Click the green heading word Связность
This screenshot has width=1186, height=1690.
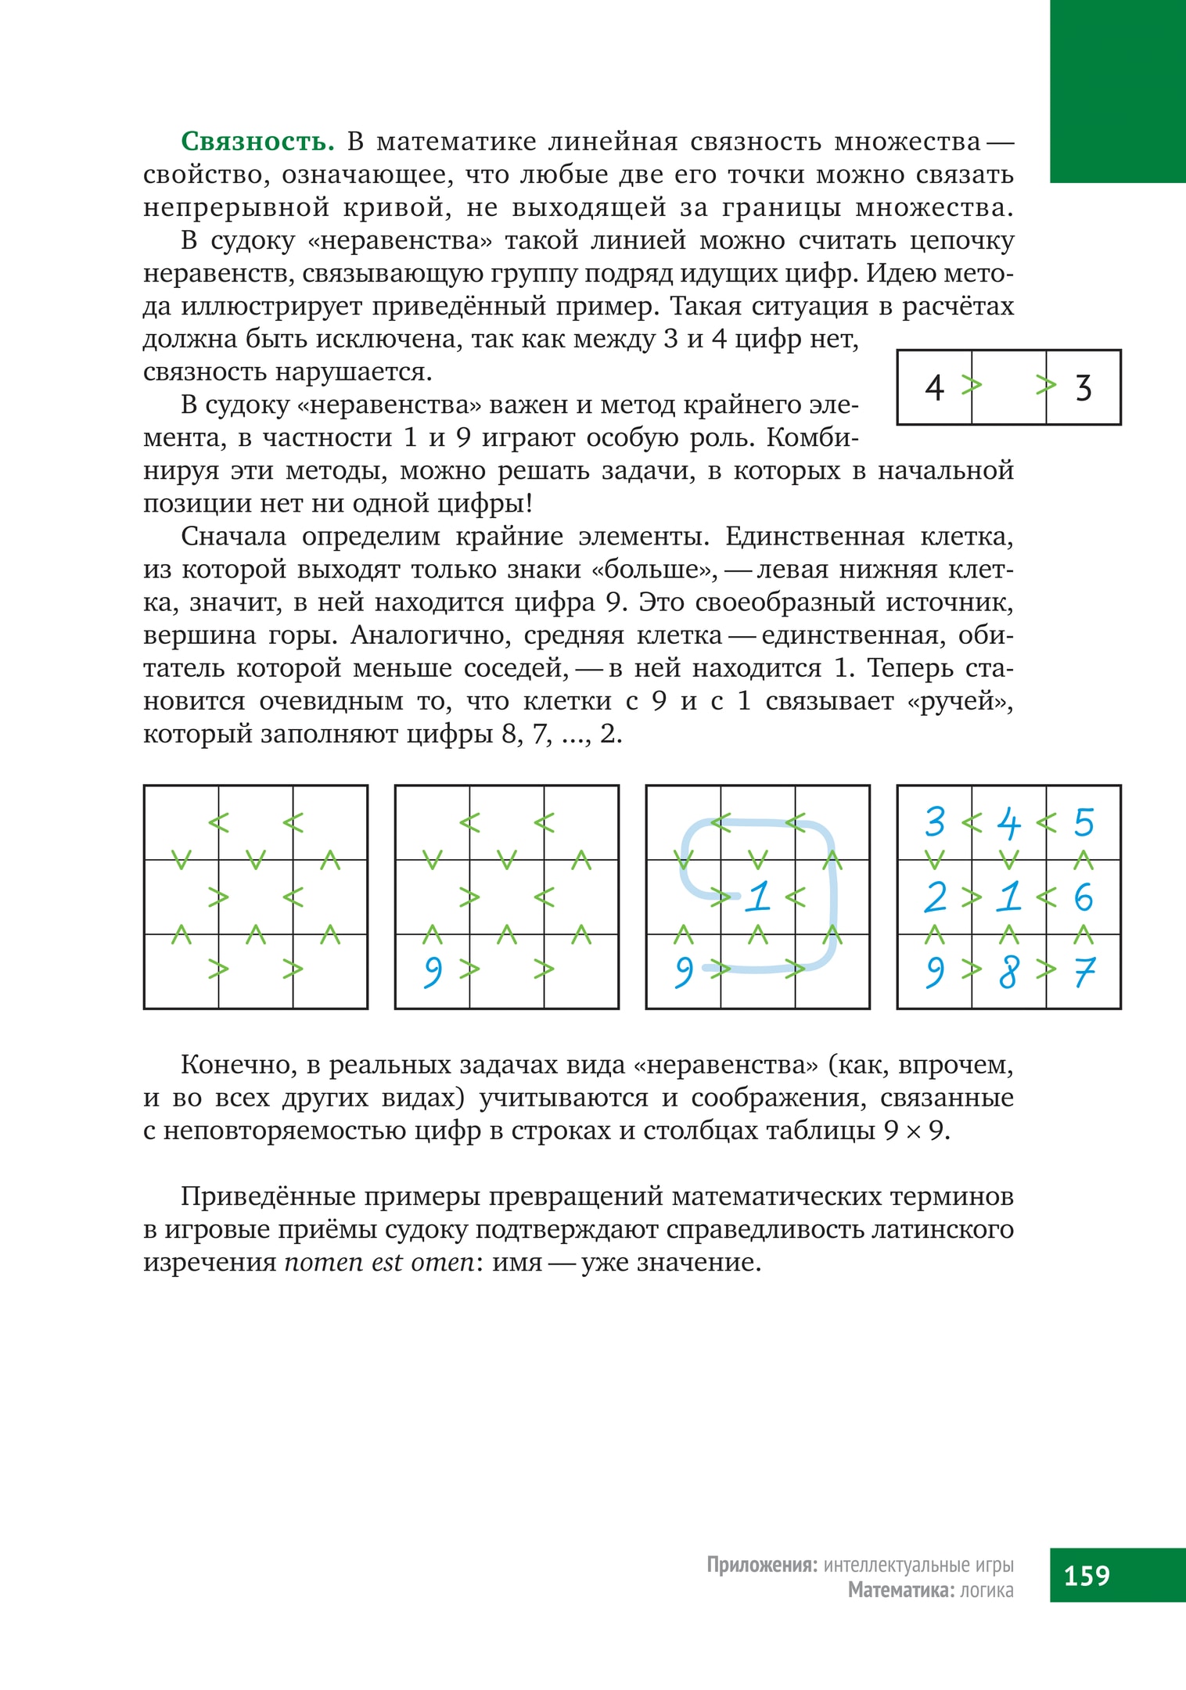[x=257, y=142]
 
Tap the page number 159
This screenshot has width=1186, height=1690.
[x=1087, y=1575]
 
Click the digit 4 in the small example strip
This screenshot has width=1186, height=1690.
[x=934, y=387]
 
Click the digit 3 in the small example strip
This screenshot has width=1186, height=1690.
[x=1084, y=387]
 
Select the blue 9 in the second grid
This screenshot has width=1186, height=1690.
[x=433, y=972]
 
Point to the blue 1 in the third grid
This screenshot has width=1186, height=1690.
[x=758, y=897]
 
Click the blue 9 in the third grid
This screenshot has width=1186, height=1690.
[x=684, y=972]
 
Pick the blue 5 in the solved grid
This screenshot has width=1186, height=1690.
[x=1084, y=822]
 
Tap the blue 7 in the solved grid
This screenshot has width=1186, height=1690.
[x=1084, y=972]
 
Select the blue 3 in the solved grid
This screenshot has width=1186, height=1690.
[x=935, y=822]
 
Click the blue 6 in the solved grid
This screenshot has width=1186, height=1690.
[x=1084, y=897]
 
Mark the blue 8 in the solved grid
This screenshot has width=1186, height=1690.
[x=1009, y=972]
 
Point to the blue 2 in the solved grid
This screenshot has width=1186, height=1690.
[x=935, y=897]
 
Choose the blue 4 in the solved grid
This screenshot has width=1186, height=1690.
[x=1009, y=822]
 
